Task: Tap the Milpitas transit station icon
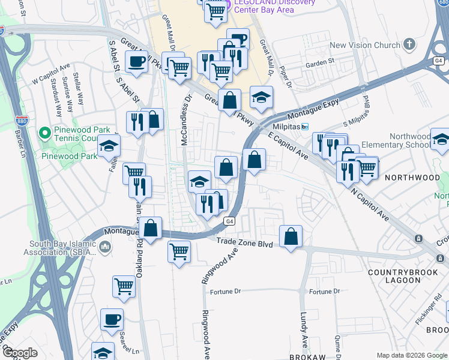coord(305,127)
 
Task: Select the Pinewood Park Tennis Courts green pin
coord(43,132)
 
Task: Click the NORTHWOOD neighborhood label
coord(412,178)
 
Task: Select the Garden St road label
coord(319,62)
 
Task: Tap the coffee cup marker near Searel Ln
coord(111,320)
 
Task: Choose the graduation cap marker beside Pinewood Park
coord(109,146)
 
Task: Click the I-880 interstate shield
coord(21,121)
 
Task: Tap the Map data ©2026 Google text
coord(411,355)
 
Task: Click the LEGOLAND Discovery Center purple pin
coord(221,3)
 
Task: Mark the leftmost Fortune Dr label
coord(225,292)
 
